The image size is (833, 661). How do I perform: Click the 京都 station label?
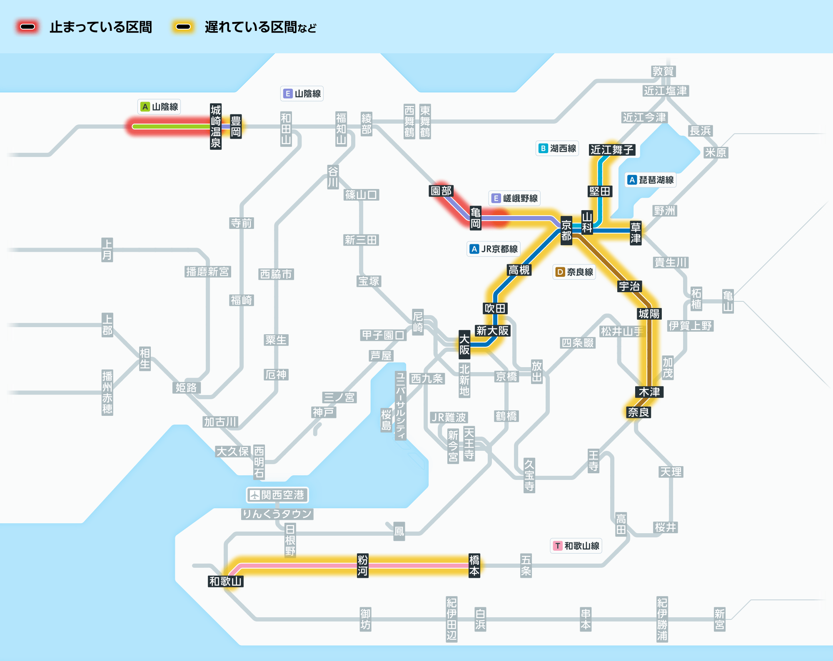566,231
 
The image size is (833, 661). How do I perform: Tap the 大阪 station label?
464,345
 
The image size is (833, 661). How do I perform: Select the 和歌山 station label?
225,581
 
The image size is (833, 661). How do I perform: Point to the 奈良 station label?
638,413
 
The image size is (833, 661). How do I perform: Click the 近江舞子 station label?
612,150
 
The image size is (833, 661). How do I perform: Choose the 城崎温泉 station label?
215,127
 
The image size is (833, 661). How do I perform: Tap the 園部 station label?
441,191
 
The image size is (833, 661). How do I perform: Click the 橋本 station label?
474,565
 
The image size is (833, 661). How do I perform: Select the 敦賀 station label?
663,72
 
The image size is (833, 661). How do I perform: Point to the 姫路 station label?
186,388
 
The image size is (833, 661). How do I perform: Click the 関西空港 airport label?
277,495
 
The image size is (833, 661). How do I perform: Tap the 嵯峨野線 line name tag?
515,199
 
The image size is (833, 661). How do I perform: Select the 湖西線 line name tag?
557,149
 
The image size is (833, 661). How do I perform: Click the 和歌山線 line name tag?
576,546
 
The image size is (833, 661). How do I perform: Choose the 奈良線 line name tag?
574,272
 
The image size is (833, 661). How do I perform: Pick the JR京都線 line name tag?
494,249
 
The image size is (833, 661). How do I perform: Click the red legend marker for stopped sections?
27,27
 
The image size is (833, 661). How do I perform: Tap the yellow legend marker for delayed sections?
183,27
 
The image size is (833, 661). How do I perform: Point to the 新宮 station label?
719,619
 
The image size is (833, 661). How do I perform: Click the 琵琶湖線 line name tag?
651,180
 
